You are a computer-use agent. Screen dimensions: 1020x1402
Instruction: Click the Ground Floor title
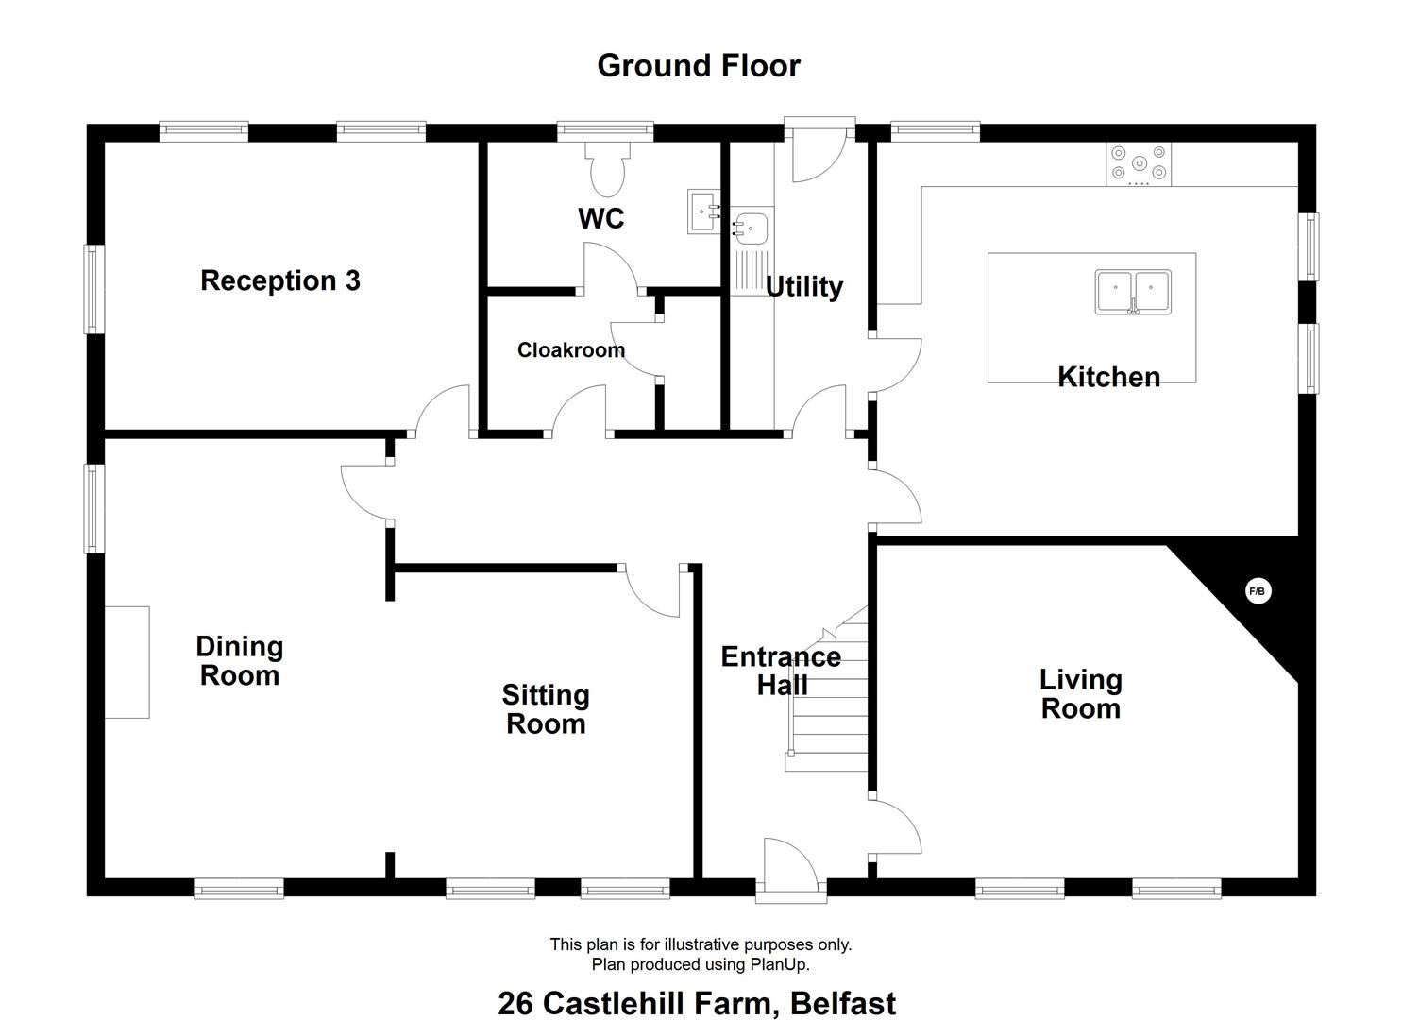[x=699, y=65]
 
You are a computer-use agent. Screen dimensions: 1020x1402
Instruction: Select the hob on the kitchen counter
[x=1139, y=163]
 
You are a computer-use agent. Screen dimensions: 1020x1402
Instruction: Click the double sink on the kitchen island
[x=1133, y=291]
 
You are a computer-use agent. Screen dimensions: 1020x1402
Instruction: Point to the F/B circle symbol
[x=1258, y=591]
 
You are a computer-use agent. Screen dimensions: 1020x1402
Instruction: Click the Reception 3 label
[x=280, y=280]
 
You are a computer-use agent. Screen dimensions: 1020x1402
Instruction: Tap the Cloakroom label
[x=570, y=350]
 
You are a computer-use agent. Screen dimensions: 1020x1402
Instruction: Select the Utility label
[x=803, y=286]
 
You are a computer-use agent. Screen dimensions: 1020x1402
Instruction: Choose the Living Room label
[x=1080, y=693]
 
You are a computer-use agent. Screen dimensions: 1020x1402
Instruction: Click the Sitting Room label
[x=546, y=709]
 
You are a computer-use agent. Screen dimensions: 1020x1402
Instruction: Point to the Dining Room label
[x=239, y=660]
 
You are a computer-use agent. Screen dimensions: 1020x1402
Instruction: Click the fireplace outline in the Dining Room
[x=127, y=661]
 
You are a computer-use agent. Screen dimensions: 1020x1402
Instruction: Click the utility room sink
[x=752, y=228]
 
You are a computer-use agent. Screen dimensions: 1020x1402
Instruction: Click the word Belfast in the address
[x=843, y=1002]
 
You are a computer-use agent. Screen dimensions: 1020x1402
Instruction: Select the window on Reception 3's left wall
[x=93, y=289]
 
